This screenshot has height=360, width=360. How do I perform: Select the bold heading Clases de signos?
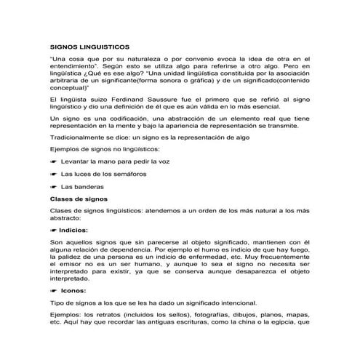click(77, 199)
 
